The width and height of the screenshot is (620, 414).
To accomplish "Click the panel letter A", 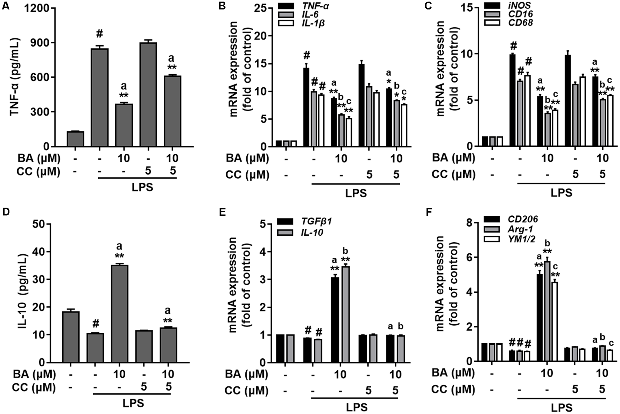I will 5,6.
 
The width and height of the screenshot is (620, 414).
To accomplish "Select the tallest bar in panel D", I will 119,313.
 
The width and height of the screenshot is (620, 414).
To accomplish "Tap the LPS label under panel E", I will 357,407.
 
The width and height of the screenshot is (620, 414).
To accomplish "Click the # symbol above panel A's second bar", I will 99,34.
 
